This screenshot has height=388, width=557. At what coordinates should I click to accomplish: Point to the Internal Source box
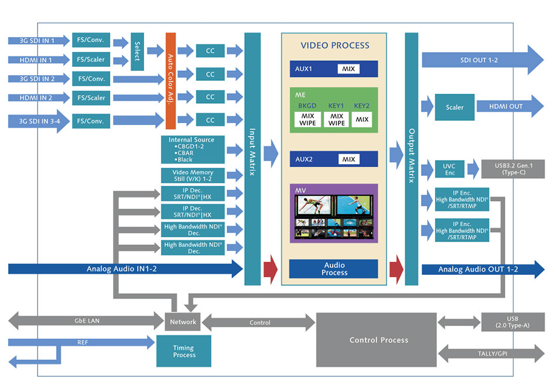coord(192,149)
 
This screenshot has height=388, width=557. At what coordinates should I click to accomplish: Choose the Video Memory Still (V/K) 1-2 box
coord(192,176)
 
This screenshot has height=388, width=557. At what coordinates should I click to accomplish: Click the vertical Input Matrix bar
coord(252,158)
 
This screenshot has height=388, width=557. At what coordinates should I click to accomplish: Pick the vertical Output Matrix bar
coord(412,158)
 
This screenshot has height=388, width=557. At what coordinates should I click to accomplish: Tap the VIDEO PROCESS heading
coord(334,45)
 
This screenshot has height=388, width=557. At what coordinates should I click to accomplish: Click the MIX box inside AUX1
coord(350,69)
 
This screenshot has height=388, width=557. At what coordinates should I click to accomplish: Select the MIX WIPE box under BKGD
coord(308,120)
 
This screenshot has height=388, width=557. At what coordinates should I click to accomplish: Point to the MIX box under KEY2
coord(362,120)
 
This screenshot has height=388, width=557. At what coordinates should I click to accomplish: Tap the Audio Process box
coord(334,269)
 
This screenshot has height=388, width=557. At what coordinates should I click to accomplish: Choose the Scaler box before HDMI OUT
coord(455,107)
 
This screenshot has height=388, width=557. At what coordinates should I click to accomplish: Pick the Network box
coord(184,322)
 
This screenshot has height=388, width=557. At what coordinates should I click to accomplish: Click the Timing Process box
coord(184,351)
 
